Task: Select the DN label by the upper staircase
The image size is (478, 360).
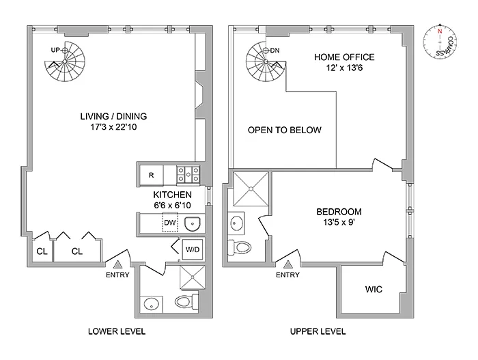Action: click(275, 50)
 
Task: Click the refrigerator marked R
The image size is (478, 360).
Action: click(152, 175)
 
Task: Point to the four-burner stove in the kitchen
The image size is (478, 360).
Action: click(188, 175)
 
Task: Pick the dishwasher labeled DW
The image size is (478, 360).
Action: click(169, 223)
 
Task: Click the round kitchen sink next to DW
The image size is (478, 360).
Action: click(191, 223)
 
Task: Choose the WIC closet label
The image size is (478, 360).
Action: click(373, 290)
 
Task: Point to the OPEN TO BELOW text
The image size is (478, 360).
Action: click(284, 130)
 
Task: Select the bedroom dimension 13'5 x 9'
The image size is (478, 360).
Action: click(339, 223)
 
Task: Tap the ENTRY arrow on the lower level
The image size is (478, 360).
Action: click(117, 264)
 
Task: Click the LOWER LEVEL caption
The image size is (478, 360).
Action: click(117, 331)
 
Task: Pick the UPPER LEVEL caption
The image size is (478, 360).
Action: click(318, 331)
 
